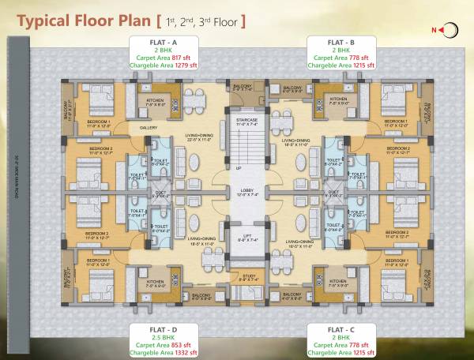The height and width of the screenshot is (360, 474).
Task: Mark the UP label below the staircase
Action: coord(238,167)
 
